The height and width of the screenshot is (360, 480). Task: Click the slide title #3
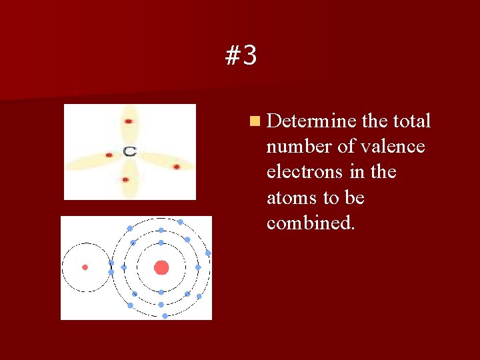(241, 57)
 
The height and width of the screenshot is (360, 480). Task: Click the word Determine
(311, 121)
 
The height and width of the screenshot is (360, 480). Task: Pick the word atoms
(288, 198)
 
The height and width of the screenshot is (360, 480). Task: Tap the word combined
(310, 223)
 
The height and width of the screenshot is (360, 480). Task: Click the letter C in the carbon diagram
(129, 152)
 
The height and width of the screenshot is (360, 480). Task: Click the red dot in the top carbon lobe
(128, 121)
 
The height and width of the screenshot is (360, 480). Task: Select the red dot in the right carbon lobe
(177, 166)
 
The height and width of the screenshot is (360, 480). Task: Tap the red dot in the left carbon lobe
(109, 155)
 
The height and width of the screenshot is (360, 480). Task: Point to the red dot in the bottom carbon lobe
(125, 179)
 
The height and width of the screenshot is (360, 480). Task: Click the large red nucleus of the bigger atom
(161, 267)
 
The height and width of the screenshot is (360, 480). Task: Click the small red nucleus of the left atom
(85, 267)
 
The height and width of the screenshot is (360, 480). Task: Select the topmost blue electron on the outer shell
(180, 222)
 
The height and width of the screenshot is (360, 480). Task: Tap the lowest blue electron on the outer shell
(165, 316)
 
